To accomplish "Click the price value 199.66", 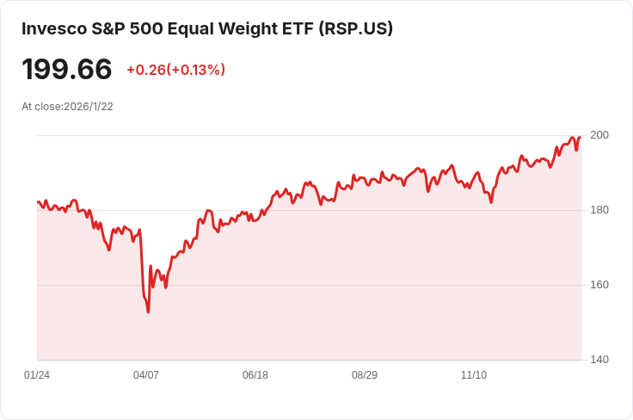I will click(x=67, y=70).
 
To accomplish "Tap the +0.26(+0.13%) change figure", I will click(x=175, y=70).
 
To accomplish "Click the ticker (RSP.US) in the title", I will click(x=355, y=28).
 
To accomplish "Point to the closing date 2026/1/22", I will click(x=89, y=107).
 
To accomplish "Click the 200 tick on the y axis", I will click(x=599, y=135).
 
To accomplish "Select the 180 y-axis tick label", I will click(x=599, y=210).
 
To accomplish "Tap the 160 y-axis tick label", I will click(x=599, y=285).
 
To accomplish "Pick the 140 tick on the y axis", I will click(x=599, y=360).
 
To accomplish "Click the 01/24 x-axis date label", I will click(x=37, y=375).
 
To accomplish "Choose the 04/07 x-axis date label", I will click(x=146, y=375).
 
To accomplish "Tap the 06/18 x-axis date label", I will click(x=255, y=375).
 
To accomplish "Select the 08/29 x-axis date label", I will click(x=365, y=375).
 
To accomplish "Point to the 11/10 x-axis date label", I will click(x=474, y=375).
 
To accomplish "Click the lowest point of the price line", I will click(x=148, y=312).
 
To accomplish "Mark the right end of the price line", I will click(x=581, y=137).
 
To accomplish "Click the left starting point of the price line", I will click(x=38, y=202).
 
